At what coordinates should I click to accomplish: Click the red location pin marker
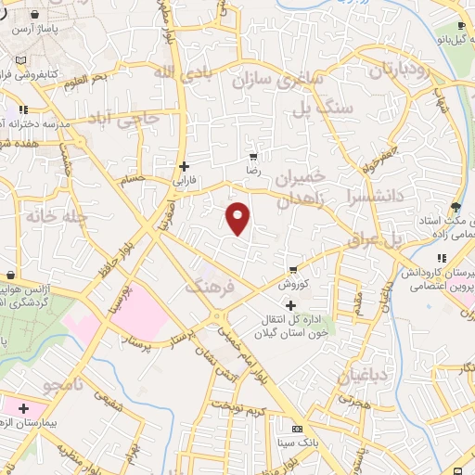pos(239,219)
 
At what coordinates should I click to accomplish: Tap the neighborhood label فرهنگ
pos(212,288)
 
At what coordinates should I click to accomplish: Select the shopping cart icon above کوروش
pos(293,269)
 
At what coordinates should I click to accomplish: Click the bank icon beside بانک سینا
pos(297,430)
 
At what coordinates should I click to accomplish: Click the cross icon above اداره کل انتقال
pos(290,305)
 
